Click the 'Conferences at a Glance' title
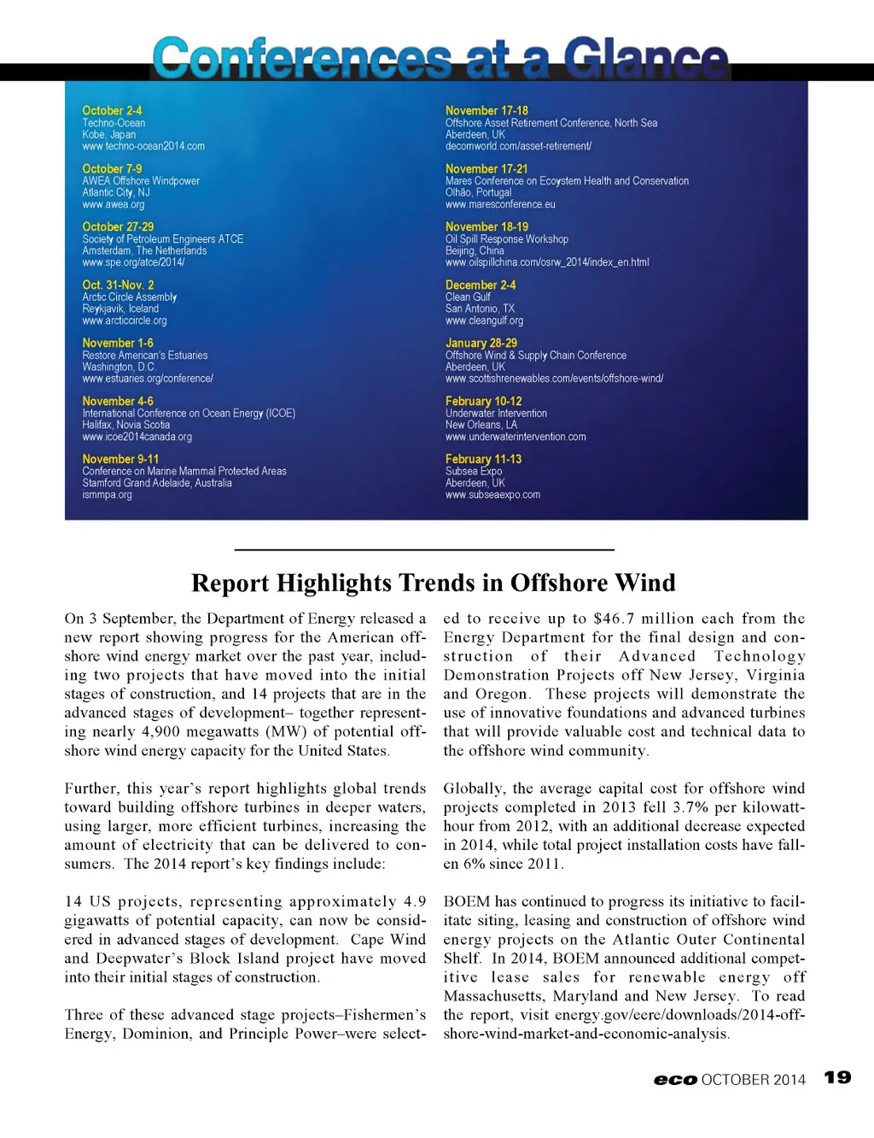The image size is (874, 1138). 440,58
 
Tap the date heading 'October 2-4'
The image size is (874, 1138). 112,110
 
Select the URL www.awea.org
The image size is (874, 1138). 114,204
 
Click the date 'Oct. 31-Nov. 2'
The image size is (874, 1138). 118,284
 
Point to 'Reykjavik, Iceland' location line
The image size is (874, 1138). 120,308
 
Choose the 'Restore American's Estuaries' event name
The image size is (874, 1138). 145,355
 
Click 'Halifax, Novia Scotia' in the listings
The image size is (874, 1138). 126,425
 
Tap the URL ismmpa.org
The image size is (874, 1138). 107,495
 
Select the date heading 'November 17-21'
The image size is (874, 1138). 487,168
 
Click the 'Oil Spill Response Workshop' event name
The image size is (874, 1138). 506,239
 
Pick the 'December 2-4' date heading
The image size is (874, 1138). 481,284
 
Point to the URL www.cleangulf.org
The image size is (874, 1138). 484,320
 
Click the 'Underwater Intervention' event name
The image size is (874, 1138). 496,413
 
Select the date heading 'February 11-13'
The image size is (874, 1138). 483,459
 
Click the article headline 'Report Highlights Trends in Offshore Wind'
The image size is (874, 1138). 434,583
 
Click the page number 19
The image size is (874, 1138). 837,1077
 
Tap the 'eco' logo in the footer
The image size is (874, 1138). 675,1080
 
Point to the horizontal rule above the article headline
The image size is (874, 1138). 424,549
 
